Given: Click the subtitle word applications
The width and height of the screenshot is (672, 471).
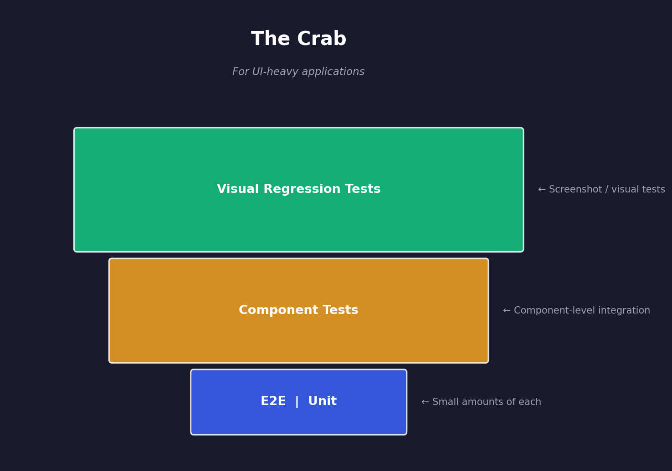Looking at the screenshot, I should click(333, 72).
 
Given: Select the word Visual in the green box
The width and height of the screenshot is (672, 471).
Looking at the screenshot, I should click(238, 189).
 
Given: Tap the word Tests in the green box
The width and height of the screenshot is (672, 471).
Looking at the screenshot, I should click(363, 189).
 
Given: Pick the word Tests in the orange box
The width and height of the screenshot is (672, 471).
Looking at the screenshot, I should click(341, 310).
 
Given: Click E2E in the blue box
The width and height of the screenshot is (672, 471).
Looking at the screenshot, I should click(273, 401).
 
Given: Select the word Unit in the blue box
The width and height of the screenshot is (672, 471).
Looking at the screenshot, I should click(322, 401).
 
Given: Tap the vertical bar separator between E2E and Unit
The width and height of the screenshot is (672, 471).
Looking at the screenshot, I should click(297, 401).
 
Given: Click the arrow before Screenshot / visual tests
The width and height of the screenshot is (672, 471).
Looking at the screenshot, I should click(542, 190).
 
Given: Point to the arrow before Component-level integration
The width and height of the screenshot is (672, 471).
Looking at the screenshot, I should click(507, 311).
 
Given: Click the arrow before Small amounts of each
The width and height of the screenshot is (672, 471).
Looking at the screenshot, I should click(425, 402).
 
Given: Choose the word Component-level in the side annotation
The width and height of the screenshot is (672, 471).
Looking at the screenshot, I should click(551, 311).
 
